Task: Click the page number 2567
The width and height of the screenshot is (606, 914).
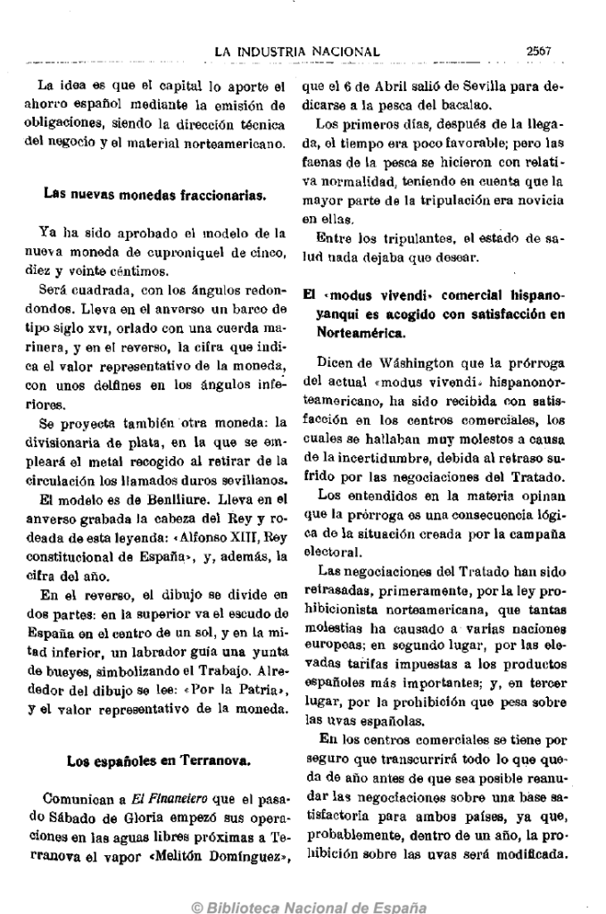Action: (x=540, y=52)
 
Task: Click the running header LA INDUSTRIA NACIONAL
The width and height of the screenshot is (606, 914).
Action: (x=297, y=53)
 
